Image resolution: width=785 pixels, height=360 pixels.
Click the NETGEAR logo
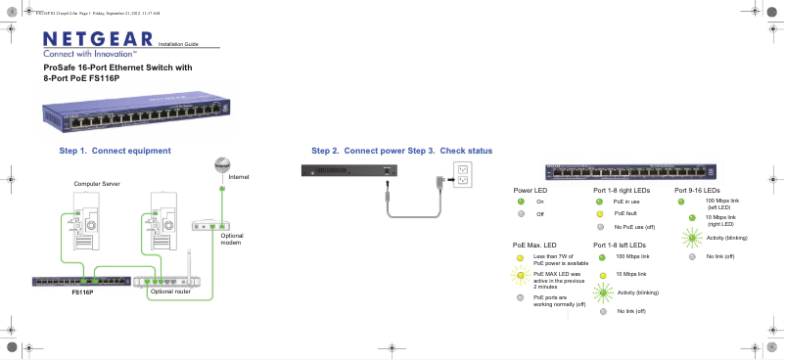[x=98, y=38]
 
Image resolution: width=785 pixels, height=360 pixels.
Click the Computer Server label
[x=96, y=184]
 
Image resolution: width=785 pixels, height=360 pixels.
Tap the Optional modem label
[x=231, y=240]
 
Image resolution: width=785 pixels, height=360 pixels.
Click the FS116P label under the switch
[x=82, y=292]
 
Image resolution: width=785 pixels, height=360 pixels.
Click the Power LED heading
[x=530, y=190]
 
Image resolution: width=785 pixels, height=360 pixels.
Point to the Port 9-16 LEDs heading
[x=697, y=190]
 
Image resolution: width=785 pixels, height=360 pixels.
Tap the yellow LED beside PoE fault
[x=600, y=213]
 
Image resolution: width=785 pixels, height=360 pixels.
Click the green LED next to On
[x=522, y=202]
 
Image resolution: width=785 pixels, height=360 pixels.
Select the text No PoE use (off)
[x=634, y=227]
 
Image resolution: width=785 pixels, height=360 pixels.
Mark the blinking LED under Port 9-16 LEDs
[x=692, y=237]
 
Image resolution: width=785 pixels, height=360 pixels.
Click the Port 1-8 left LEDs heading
[x=620, y=244]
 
